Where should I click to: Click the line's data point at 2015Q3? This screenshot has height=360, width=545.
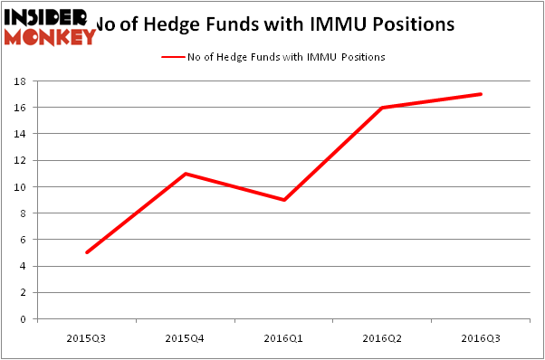[x=86, y=252]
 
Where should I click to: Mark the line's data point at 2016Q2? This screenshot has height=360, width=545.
[x=382, y=108]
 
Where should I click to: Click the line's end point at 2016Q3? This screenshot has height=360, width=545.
[x=481, y=94]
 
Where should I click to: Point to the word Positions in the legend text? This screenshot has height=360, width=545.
[x=363, y=57]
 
